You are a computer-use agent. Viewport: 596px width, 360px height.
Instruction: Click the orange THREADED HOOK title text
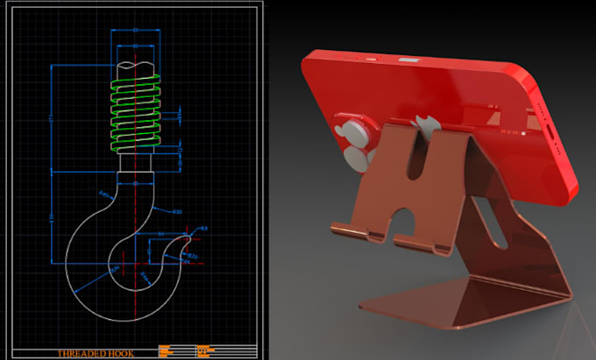click(98, 353)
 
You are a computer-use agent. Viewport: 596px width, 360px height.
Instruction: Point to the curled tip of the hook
click(187, 237)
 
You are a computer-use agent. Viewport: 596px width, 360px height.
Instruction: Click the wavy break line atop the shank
click(136, 65)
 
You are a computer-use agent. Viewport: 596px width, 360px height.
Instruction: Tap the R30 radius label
click(178, 212)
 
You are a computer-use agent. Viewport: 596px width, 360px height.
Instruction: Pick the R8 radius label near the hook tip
click(204, 229)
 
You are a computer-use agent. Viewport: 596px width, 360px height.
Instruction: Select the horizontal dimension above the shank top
click(136, 31)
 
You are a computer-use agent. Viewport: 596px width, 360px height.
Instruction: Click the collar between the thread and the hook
click(136, 162)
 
